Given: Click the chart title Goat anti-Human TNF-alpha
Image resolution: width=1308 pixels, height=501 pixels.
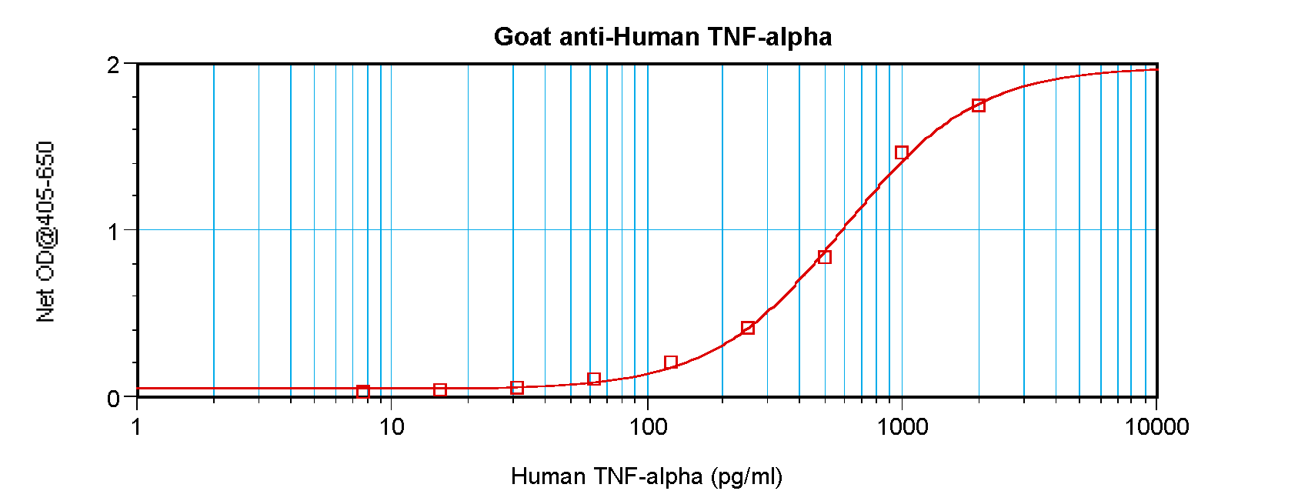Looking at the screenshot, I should point(662,37).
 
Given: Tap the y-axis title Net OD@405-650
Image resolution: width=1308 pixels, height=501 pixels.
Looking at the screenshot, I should point(46,231).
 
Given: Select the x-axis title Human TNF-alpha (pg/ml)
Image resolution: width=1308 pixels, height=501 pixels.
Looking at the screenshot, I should point(646,476).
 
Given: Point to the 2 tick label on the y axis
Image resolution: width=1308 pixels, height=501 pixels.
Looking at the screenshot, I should point(114,65).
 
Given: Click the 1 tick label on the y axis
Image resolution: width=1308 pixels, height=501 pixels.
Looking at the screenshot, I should point(114,232).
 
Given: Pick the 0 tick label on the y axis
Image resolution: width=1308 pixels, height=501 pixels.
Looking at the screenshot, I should point(114,399).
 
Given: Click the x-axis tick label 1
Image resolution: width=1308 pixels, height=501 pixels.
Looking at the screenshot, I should point(137,426).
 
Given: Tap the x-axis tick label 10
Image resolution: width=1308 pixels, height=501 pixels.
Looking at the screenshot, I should point(392,426).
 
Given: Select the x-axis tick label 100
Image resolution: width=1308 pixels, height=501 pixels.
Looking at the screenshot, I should point(647,426).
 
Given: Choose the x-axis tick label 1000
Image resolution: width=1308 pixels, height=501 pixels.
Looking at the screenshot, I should point(902,426).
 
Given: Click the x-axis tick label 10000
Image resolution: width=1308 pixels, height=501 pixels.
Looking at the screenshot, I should point(1156,426).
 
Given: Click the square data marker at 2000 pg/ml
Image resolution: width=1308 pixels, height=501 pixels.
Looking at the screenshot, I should point(979,105).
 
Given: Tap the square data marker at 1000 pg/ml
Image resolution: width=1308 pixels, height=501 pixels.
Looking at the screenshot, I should point(902,152).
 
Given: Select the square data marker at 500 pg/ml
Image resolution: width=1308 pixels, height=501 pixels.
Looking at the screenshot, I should point(825,257).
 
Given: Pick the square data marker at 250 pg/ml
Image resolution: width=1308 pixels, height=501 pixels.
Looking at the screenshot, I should point(748,328).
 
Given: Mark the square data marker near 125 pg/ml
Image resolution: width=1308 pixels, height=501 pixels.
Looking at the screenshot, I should point(671,362).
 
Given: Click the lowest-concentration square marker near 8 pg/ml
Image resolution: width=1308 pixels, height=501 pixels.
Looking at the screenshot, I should point(363,392).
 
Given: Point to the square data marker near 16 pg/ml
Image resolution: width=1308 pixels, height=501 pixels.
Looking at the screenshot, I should point(440,390).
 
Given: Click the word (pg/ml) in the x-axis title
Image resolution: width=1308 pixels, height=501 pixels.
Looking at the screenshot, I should point(746,476).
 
